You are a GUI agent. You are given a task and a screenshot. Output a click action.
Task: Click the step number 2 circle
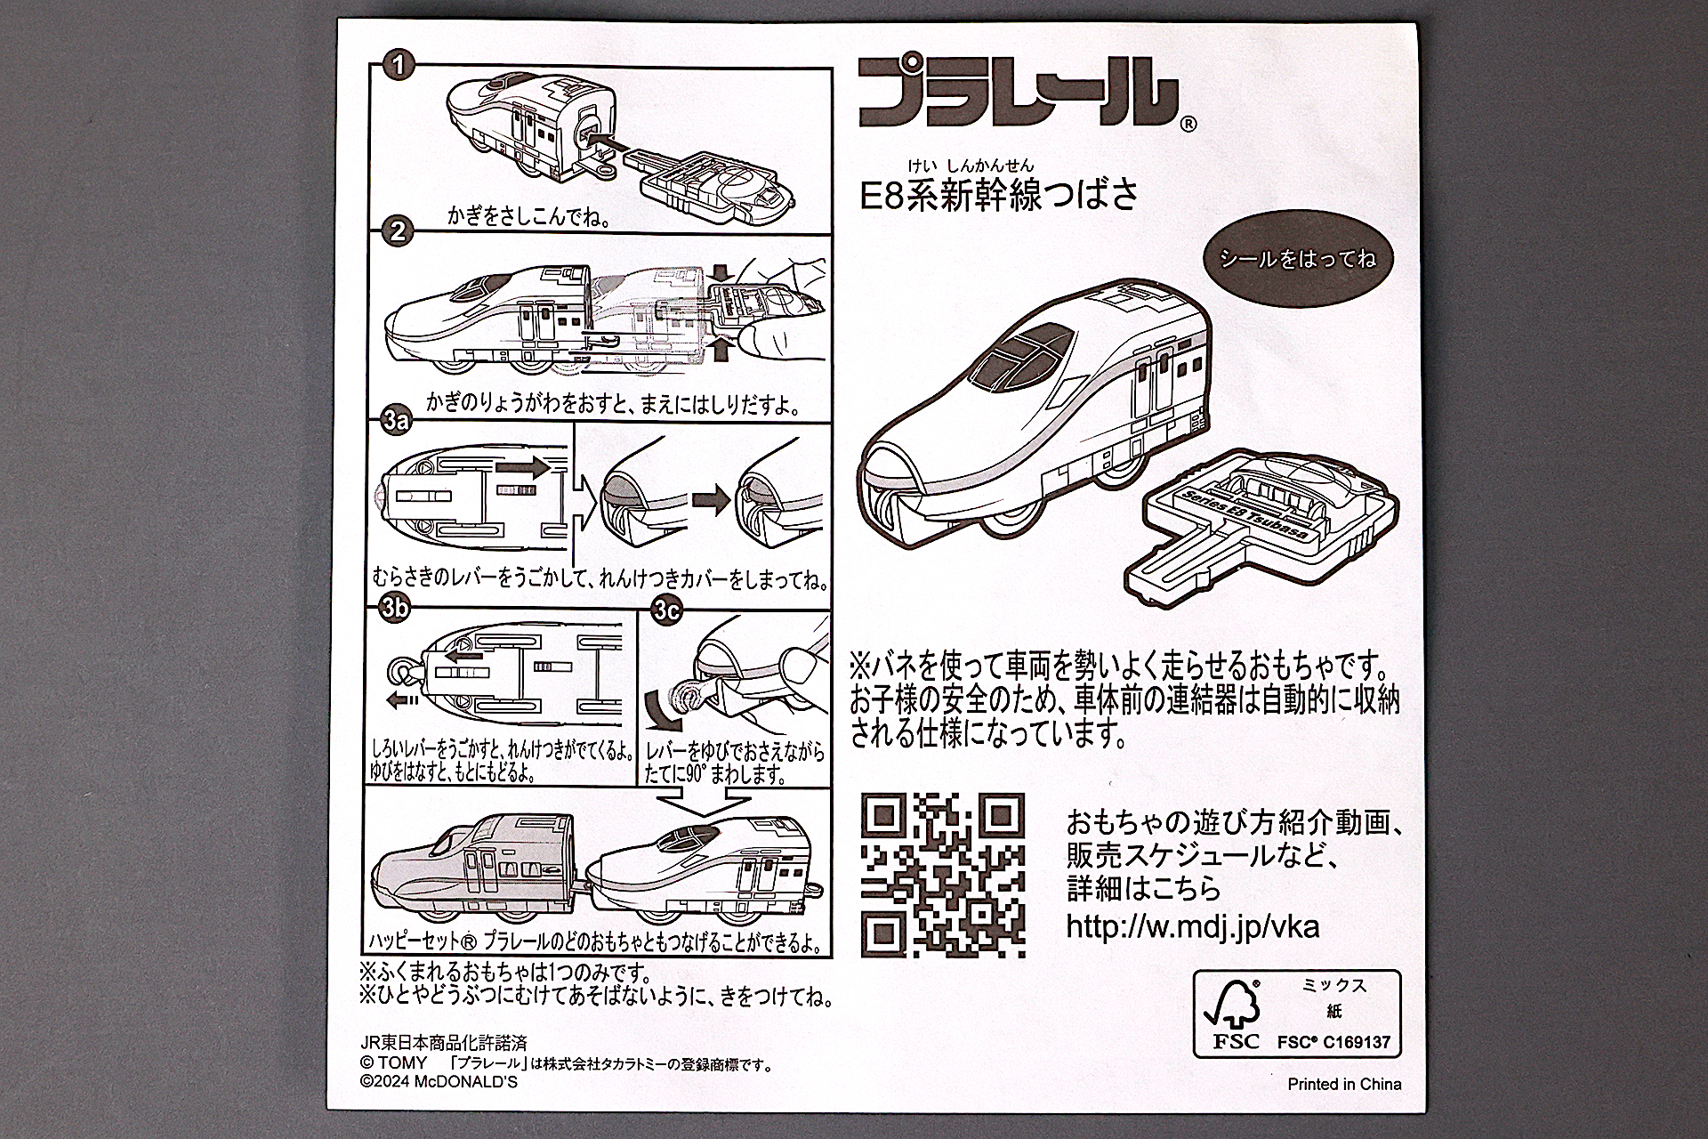click(398, 232)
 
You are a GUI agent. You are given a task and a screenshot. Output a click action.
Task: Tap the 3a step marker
click(395, 421)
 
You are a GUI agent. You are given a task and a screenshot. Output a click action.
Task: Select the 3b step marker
click(395, 608)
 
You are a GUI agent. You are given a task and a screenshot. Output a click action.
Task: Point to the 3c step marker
click(666, 610)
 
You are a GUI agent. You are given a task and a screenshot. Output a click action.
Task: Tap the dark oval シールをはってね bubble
click(1298, 259)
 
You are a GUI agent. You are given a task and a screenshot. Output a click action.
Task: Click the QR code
click(942, 875)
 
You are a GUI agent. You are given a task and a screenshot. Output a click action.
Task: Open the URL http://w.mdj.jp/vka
click(1192, 926)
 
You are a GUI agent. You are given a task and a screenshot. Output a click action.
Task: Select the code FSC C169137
click(1333, 1042)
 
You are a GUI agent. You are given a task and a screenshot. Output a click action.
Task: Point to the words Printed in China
click(1344, 1084)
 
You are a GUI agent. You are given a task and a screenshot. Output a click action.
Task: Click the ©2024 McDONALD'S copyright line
click(439, 1081)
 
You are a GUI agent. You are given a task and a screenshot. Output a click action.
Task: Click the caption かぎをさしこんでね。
click(528, 216)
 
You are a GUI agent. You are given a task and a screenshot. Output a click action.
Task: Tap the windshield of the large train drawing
click(1019, 357)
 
